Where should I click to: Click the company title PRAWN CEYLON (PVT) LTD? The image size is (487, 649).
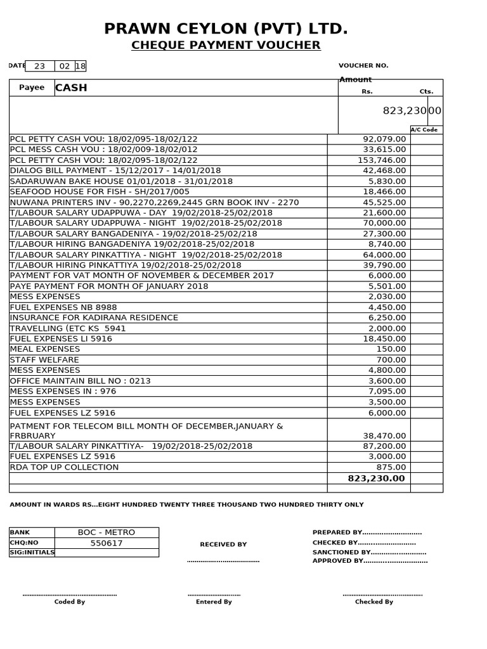pos(226,29)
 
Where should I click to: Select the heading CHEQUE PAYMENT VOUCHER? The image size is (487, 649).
pos(226,45)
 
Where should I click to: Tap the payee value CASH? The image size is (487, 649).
pos(71,87)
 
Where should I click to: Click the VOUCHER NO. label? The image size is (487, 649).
pos(363,65)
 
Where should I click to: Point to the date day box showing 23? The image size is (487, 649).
pos(40,66)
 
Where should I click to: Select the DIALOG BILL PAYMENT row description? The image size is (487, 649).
pos(115,170)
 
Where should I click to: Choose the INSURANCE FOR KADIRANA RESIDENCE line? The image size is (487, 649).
pos(94,318)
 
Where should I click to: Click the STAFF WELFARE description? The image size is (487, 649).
pos(44,359)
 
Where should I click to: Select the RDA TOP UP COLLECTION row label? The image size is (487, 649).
pos(64,467)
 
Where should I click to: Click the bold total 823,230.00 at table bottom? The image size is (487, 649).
pos(377,479)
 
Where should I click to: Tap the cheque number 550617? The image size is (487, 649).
pos(107,543)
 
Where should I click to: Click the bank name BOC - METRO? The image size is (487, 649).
pos(107,532)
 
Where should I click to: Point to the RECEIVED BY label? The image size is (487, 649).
pos(223,544)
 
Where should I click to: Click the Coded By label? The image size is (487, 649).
pos(70,601)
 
